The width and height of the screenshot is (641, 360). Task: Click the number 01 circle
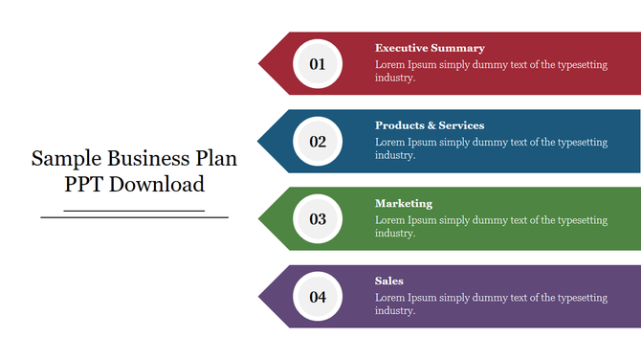318,64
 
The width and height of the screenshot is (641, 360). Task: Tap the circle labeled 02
318,142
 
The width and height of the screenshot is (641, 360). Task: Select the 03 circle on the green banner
318,219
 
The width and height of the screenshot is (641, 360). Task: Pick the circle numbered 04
318,297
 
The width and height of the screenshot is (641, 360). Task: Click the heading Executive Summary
430,48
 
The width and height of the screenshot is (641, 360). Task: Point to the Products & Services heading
430,125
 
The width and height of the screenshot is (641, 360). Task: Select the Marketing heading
404,204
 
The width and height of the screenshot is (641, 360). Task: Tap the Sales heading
389,281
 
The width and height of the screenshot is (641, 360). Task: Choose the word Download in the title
157,185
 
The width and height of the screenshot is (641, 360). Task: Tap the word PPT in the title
84,185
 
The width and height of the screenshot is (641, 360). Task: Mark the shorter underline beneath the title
134,210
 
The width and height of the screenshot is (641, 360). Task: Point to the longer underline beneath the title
134,217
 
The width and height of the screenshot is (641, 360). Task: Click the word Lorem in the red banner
390,65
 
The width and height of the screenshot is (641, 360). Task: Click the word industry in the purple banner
393,311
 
